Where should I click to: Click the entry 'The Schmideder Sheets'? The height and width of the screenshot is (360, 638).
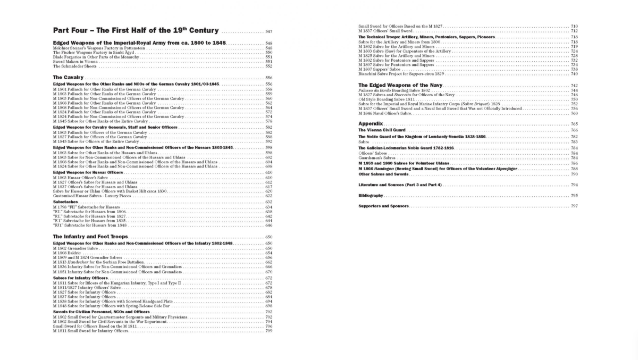(x=76, y=66)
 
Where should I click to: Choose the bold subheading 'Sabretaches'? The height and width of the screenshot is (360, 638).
(x=65, y=202)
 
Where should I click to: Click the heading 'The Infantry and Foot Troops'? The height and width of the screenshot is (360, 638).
(x=90, y=236)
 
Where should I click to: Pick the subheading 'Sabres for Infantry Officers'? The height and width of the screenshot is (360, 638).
(x=80, y=278)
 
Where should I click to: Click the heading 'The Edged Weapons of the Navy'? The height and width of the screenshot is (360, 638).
(x=400, y=85)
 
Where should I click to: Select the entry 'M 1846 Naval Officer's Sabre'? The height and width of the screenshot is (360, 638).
(x=385, y=113)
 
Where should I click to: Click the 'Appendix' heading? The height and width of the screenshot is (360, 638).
(x=371, y=123)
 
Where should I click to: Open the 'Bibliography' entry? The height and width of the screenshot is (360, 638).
(x=371, y=196)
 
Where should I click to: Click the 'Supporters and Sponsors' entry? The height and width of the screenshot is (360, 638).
(x=383, y=206)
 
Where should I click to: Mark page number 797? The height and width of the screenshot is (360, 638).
(x=574, y=206)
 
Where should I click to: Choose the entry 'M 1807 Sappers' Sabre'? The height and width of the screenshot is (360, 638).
(x=380, y=69)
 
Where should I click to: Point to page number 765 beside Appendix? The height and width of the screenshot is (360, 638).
(x=574, y=124)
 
